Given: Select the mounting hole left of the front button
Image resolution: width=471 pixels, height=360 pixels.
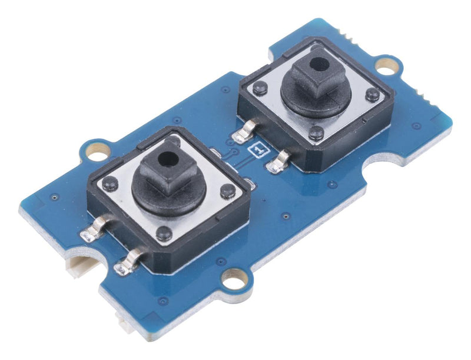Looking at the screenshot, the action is (x=97, y=151).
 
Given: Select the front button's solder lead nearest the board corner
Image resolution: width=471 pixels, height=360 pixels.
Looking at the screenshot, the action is (x=94, y=228).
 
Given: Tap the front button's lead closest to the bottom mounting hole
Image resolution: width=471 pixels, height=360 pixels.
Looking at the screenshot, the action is (x=128, y=262).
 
